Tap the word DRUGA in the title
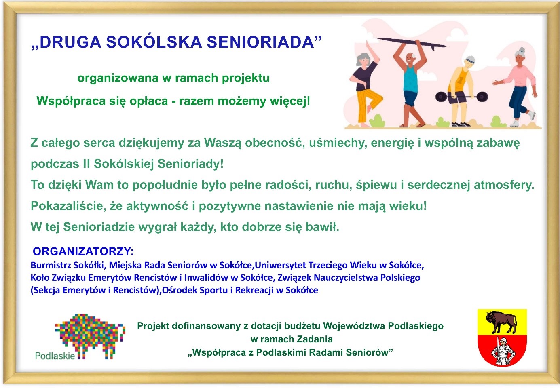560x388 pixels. [70, 42]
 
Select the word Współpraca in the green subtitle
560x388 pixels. [68, 101]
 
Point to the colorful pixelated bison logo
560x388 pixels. [90, 335]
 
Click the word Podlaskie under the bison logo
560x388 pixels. [55, 356]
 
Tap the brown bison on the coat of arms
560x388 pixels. [501, 322]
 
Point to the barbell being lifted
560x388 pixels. [461, 97]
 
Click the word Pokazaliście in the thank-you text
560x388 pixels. [68, 206]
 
